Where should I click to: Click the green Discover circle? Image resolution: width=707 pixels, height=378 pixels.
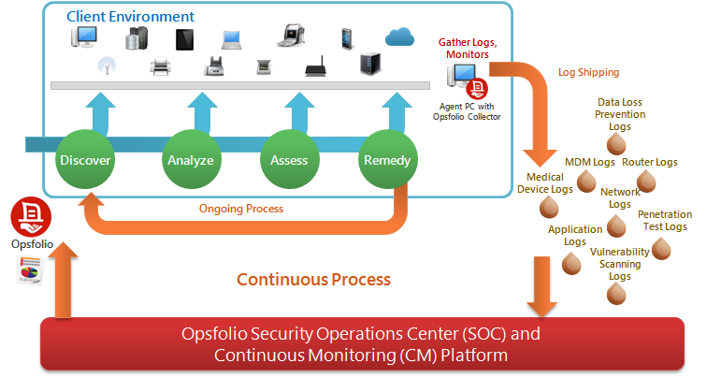(85, 160)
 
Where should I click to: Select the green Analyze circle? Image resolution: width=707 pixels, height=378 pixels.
(191, 160)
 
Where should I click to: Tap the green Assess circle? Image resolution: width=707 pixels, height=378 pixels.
(289, 160)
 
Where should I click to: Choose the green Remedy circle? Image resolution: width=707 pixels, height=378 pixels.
(385, 160)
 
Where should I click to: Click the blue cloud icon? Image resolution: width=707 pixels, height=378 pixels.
(399, 36)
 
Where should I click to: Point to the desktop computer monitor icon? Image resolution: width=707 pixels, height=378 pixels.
(86, 38)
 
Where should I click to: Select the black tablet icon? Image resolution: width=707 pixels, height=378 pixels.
(184, 39)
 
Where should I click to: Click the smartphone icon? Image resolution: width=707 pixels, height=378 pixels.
(347, 38)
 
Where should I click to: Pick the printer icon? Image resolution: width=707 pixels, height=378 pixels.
(160, 67)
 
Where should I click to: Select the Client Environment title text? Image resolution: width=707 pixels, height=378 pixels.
(130, 17)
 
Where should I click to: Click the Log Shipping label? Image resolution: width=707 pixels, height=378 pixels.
(588, 72)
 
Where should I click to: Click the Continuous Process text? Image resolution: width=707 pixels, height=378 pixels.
(313, 279)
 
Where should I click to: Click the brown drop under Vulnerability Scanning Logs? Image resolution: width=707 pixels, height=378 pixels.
(616, 294)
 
